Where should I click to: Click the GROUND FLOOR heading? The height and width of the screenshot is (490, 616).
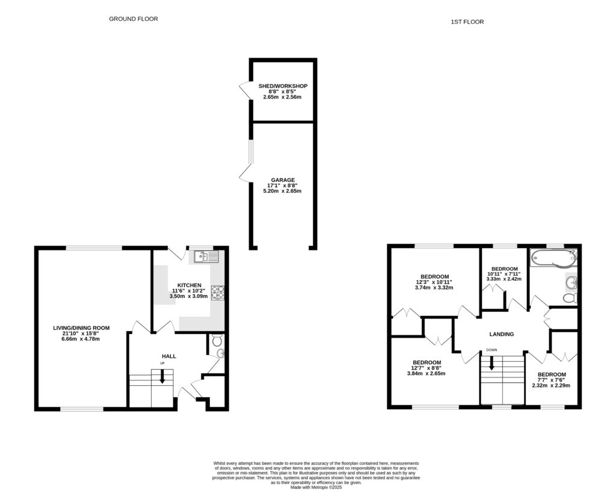click(133, 19)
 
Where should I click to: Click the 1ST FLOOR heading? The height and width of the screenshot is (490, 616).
click(467, 22)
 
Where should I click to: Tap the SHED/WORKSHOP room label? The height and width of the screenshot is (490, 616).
click(283, 87)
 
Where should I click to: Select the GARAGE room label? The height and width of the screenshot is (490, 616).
click(282, 180)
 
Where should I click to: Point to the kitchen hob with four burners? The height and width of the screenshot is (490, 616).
click(217, 292)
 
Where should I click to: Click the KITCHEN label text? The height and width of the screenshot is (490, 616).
click(189, 285)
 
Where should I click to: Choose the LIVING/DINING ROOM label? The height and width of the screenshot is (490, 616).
click(81, 328)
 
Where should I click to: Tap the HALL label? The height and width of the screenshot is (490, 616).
click(168, 356)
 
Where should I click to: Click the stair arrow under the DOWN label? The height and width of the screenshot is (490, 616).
click(491, 363)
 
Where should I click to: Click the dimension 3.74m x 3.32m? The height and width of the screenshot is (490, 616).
click(434, 288)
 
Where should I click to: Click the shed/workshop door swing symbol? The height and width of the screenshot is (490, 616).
click(245, 91)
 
